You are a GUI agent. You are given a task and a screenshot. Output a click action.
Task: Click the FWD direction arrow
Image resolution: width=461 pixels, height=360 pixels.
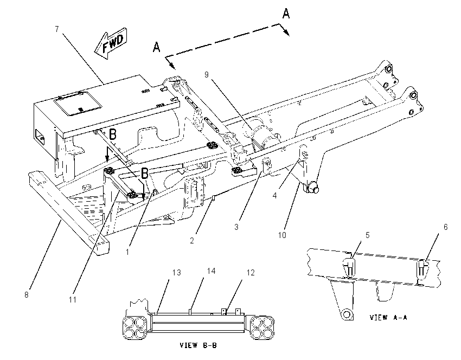tap(111, 43)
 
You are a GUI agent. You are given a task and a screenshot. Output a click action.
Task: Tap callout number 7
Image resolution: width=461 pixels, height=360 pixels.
tap(57, 29)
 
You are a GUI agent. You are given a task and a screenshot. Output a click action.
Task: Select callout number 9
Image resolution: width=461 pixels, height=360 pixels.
tap(207, 75)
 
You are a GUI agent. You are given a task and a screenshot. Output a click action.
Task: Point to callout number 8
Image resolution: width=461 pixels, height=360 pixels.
tap(27, 295)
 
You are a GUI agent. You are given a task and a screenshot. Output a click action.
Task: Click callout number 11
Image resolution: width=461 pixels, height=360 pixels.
tap(73, 299)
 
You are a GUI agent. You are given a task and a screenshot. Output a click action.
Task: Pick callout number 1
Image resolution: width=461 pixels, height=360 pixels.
tap(127, 252)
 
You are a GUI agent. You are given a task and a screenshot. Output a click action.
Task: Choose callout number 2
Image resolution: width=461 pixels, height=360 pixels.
tap(192, 240)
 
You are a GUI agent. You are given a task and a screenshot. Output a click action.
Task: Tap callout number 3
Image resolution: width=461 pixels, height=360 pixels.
tap(236, 227)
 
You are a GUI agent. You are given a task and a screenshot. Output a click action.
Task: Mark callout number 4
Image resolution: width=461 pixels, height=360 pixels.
tap(274, 195)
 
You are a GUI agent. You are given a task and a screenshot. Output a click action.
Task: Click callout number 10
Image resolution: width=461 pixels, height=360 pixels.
tap(282, 235)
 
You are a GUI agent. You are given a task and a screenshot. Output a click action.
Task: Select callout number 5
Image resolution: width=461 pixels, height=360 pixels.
tap(368, 235)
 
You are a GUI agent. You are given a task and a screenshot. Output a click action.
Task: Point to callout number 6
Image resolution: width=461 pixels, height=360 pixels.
tap(445, 227)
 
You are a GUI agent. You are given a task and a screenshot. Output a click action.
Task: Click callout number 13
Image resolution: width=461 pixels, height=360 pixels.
tap(176, 273)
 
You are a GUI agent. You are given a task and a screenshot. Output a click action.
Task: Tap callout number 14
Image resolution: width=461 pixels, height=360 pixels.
tap(211, 271)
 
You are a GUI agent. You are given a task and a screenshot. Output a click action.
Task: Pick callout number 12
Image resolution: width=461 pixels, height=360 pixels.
tap(251, 273)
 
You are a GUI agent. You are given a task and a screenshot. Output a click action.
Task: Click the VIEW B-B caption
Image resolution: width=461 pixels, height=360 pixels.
tap(198, 345)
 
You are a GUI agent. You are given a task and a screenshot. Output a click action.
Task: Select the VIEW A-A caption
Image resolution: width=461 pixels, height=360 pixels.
tap(388, 317)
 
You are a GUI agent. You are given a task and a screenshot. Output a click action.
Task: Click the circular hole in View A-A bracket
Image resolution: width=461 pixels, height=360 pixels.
tap(347, 314)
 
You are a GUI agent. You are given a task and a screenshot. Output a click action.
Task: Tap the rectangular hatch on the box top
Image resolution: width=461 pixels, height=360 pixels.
tap(78, 104)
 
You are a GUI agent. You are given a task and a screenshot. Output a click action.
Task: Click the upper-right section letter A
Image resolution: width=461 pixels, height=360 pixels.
tap(286, 14)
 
